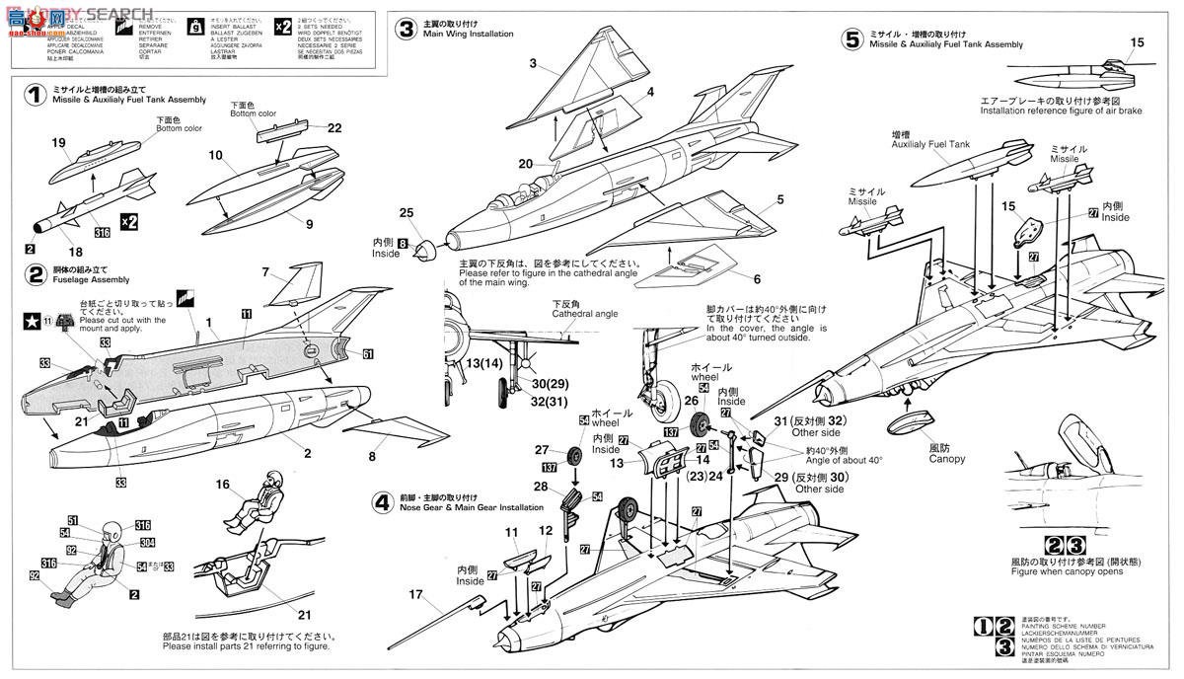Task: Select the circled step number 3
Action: [x=406, y=29]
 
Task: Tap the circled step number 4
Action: [x=383, y=501]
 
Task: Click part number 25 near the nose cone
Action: [x=407, y=212]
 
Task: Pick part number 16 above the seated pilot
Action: [x=222, y=486]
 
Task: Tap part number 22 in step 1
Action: [x=334, y=128]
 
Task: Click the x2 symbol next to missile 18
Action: [x=129, y=218]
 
